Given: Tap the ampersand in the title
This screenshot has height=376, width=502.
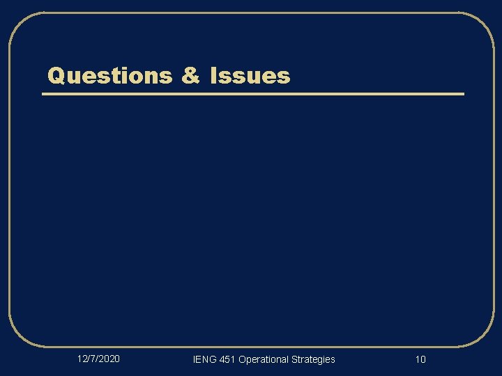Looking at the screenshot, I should point(190,75).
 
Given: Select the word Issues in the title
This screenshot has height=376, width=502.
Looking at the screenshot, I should point(250,75).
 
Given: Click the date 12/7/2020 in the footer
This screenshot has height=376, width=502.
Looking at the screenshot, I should point(98,359).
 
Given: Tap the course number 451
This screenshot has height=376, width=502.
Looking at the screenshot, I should point(227,359).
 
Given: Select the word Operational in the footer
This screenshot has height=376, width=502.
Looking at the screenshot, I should point(264,359).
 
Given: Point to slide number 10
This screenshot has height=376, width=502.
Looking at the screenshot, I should point(420,359).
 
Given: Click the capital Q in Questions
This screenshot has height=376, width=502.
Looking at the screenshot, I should point(56,75).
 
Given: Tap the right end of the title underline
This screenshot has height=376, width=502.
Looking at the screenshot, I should point(462,93).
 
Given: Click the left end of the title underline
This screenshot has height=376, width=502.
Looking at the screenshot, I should point(44,93).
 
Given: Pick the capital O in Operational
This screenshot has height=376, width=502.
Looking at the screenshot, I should point(243,359).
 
